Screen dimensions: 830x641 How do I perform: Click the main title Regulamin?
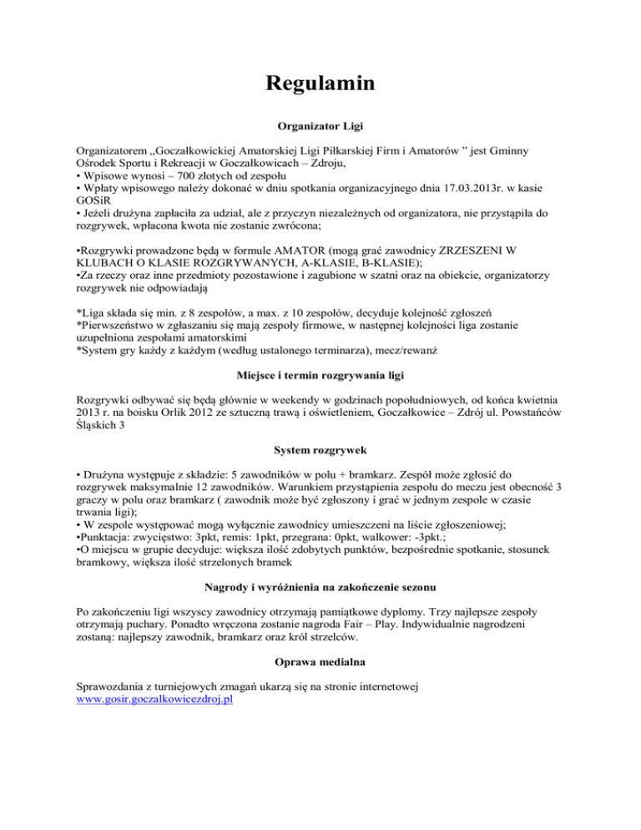[320, 84]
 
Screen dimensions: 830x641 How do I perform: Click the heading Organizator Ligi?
[320, 130]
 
